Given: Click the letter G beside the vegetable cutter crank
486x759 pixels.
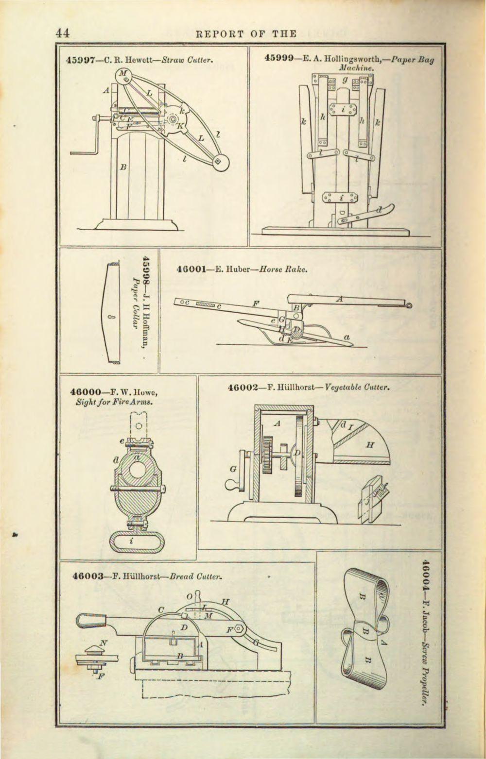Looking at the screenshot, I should point(233,470).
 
